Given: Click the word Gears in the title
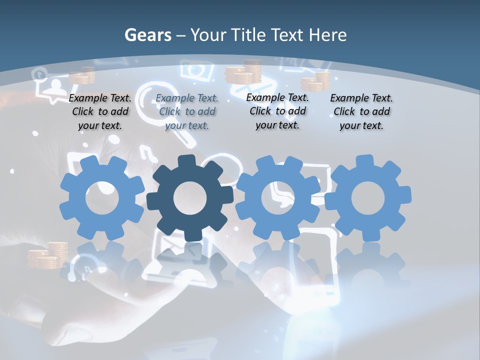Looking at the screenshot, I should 147,35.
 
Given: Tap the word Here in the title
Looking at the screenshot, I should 327,35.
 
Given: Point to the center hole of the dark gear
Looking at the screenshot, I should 190,198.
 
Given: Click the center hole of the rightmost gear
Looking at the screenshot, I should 368,198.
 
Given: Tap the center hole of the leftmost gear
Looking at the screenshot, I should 102,198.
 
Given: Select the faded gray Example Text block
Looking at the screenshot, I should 187,111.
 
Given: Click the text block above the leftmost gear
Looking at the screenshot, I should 100,111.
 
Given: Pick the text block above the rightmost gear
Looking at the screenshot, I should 361,111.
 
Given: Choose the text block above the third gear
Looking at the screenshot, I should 277,111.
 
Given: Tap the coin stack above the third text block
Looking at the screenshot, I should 243,72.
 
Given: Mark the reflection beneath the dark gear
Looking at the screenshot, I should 190,260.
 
